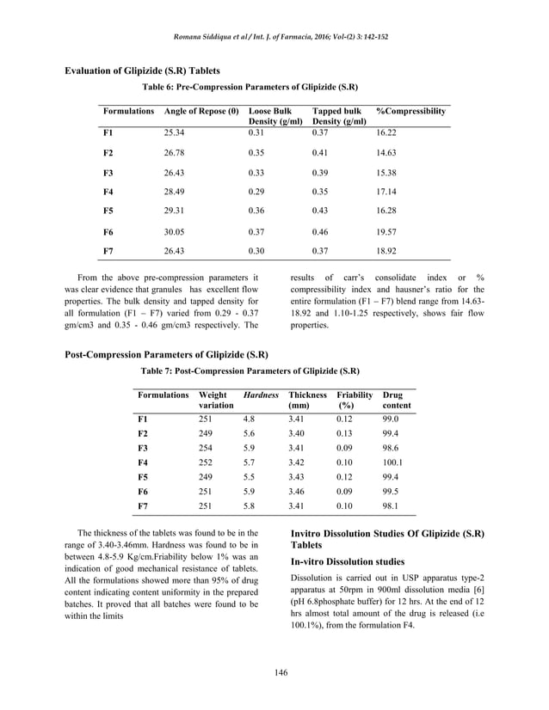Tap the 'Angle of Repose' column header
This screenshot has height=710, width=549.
tap(201, 112)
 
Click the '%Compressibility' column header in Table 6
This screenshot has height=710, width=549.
tap(411, 112)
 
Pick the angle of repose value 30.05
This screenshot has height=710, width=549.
tap(176, 232)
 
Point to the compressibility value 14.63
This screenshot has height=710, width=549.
tap(388, 152)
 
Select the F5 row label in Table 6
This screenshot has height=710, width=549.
tap(108, 210)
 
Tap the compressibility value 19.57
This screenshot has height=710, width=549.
tap(388, 232)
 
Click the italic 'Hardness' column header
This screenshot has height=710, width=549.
tap(261, 395)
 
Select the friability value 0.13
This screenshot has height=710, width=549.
tap(346, 434)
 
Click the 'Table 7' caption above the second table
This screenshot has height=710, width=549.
tap(250, 371)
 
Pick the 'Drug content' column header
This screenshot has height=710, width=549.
tap(396, 400)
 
